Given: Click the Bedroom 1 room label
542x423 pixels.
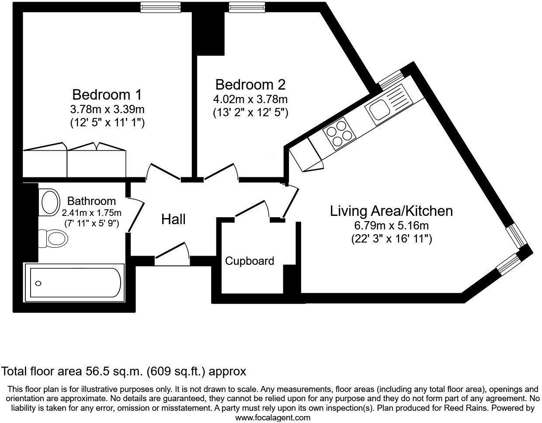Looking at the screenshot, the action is pyautogui.click(x=107, y=95).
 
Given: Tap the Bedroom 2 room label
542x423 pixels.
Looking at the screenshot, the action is pyautogui.click(x=250, y=85).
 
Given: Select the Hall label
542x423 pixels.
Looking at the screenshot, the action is pyautogui.click(x=174, y=219).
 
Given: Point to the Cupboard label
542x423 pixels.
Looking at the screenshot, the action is pyautogui.click(x=250, y=261).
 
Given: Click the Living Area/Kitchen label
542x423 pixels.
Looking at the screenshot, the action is pyautogui.click(x=391, y=211).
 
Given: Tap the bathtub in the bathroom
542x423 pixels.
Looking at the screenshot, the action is pyautogui.click(x=74, y=283).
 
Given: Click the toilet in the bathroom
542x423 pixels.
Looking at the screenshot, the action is pyautogui.click(x=53, y=239).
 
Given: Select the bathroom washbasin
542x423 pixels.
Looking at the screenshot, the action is pyautogui.click(x=49, y=202).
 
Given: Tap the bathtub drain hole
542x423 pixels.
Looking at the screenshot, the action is pyautogui.click(x=38, y=283).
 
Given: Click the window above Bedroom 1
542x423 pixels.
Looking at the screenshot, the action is pyautogui.click(x=160, y=7).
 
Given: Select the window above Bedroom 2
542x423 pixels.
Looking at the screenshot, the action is pyautogui.click(x=247, y=7).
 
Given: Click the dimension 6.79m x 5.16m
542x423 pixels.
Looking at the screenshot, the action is pyautogui.click(x=391, y=226).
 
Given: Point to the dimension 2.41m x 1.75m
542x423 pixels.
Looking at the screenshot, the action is pyautogui.click(x=91, y=213).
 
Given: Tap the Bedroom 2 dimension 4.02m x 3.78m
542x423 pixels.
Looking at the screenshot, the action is pyautogui.click(x=250, y=100).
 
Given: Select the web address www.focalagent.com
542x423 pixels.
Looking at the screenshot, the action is pyautogui.click(x=273, y=418).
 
